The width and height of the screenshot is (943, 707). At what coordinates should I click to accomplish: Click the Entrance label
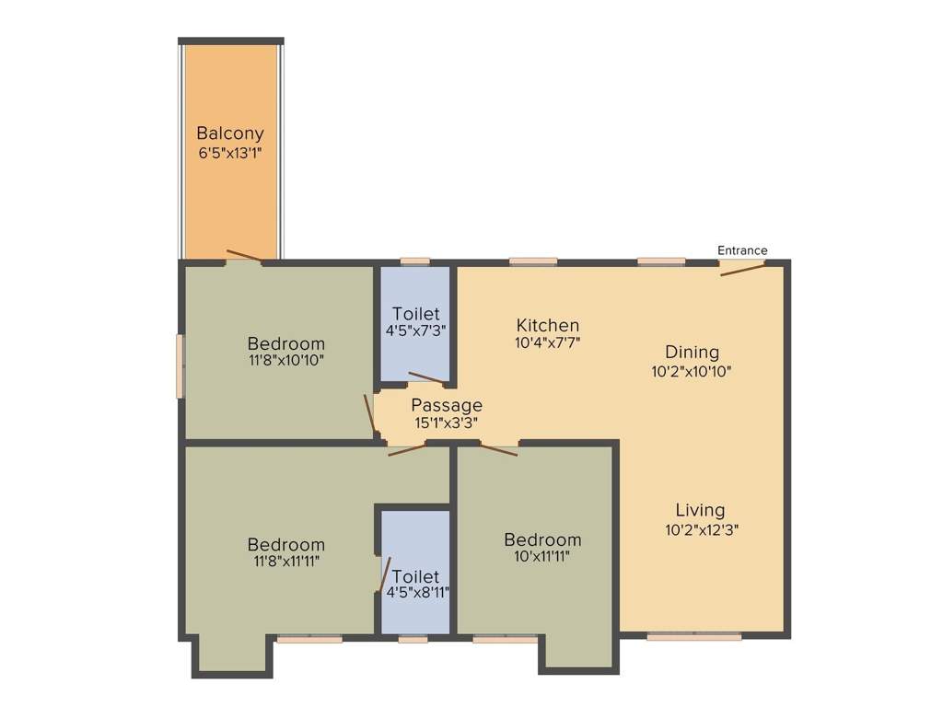pos(741,250)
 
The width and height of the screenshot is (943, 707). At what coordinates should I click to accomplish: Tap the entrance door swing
pos(742,270)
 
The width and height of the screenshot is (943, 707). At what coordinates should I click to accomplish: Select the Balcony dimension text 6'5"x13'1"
pos(230,153)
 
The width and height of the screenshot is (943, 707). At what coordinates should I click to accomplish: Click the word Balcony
pos(230,133)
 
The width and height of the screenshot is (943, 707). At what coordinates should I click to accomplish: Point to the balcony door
pos(244,256)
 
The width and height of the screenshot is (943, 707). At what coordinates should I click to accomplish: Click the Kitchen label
pos(547,325)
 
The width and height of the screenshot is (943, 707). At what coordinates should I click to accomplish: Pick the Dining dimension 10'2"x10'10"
pos(692,371)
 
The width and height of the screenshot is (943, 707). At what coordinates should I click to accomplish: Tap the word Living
pos(700,510)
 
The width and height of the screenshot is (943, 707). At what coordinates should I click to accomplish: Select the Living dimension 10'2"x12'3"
pos(700,529)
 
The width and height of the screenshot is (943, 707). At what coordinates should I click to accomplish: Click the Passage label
pos(446,405)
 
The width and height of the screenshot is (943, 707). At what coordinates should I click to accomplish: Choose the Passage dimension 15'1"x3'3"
pos(446,423)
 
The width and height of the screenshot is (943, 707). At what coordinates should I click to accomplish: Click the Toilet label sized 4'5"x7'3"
pos(415,313)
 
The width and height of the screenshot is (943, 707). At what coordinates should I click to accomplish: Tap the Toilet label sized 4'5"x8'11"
pos(415,576)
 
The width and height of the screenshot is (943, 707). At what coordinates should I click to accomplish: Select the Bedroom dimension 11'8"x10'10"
pos(285,361)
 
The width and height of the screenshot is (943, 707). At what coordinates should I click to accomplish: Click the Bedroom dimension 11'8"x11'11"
pos(285,561)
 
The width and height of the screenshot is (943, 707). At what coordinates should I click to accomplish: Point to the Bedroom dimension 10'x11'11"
pos(541,556)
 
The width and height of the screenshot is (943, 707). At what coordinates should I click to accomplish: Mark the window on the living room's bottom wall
pos(693,635)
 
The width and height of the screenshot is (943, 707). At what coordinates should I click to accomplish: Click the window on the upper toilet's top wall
pos(415,261)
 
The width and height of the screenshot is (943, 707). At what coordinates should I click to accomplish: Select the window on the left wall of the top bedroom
pos(181,365)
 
